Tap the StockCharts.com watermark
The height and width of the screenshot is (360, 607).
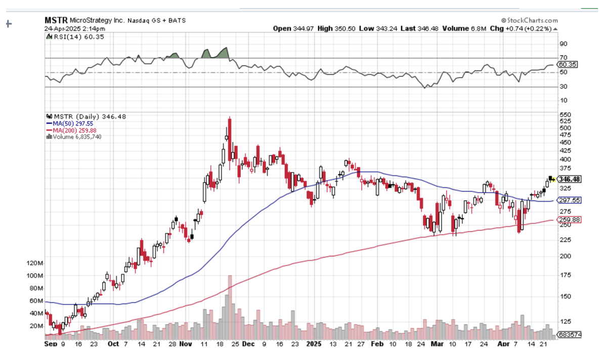(x=530, y=21)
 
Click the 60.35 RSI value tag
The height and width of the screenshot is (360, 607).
(x=567, y=65)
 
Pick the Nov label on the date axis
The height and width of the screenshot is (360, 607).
(x=185, y=344)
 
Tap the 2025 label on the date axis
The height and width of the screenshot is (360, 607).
(x=314, y=344)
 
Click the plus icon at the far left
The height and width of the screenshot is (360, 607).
(x=8, y=23)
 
